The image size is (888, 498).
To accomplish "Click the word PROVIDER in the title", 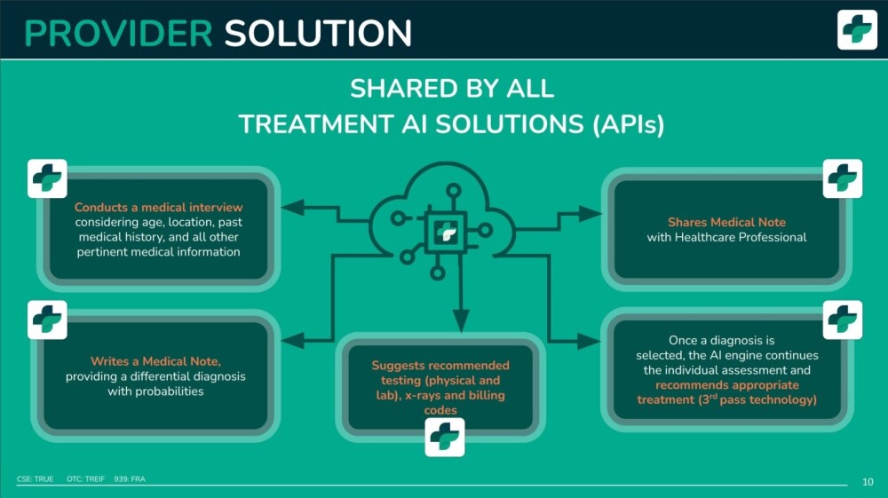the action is click(x=118, y=34).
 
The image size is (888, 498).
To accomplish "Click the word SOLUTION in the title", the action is click(x=318, y=34).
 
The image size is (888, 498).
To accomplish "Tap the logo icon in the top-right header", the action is click(x=857, y=29).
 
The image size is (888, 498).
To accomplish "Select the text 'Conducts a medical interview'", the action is click(x=159, y=207).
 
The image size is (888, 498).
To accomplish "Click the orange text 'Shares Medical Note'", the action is click(x=726, y=222).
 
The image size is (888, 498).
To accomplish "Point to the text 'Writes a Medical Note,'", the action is click(x=155, y=361).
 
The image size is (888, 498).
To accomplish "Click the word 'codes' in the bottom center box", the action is click(x=440, y=410).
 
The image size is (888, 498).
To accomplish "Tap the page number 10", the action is click(x=868, y=482).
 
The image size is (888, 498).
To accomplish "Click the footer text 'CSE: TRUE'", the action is click(x=36, y=478).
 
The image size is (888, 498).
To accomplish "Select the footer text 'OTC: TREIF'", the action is click(x=85, y=478).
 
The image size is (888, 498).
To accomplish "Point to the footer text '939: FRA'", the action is click(x=130, y=478).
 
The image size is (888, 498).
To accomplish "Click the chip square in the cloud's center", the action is click(x=446, y=232).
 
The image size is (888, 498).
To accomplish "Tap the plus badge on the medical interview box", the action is click(x=48, y=178).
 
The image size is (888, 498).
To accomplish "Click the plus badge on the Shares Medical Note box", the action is click(x=843, y=178).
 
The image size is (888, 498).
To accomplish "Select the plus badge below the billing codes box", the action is click(x=445, y=437).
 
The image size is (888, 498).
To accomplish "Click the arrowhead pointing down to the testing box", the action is click(x=461, y=320).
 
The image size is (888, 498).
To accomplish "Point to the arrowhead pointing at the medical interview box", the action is click(x=292, y=207).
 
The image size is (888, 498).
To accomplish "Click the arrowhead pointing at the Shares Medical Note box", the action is click(x=591, y=214).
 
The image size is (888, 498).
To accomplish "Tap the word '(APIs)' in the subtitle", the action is click(x=628, y=124).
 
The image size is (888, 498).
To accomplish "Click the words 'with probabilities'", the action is click(x=155, y=391).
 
